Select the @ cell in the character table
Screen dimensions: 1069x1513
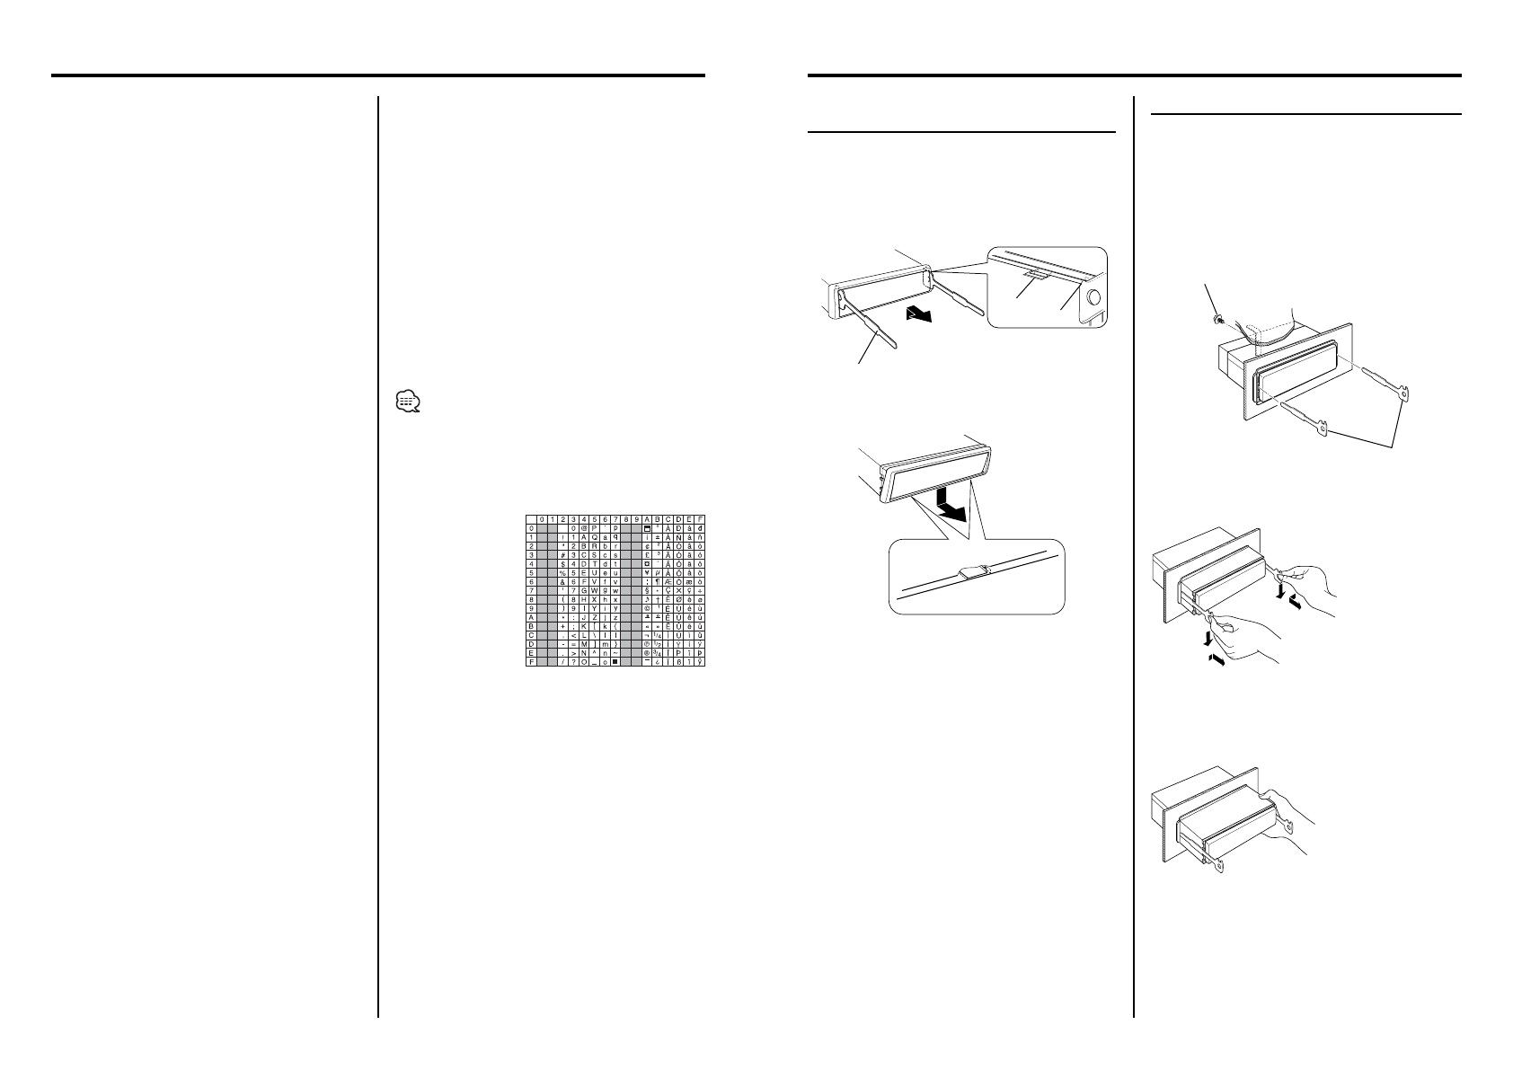(x=584, y=528)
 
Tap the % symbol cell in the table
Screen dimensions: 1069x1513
(x=562, y=573)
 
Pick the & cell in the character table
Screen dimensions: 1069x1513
(x=562, y=583)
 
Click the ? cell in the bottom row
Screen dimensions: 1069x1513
(x=572, y=661)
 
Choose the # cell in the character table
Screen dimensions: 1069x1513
(x=562, y=554)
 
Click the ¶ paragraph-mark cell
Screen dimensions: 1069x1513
(x=658, y=583)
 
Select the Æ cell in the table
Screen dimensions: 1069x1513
(x=668, y=583)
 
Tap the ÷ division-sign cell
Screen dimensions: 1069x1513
(x=701, y=591)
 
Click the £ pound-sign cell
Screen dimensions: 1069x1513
(x=648, y=554)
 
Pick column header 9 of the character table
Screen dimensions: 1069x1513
(x=636, y=519)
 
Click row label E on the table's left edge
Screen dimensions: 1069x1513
(x=531, y=653)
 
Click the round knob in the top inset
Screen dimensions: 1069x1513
(x=1095, y=300)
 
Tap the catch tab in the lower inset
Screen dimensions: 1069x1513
(x=974, y=570)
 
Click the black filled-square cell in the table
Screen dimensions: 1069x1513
(x=615, y=661)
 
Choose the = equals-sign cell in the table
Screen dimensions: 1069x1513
(x=572, y=643)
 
